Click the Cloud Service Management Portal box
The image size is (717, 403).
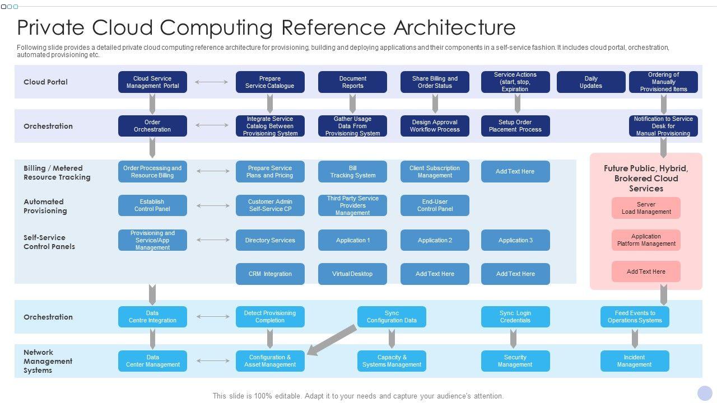click(x=152, y=82)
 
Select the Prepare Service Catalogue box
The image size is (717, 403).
click(x=270, y=82)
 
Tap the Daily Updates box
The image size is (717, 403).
click(x=591, y=82)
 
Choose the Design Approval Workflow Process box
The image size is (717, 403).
click(x=435, y=126)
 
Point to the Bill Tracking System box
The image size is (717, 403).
click(x=352, y=172)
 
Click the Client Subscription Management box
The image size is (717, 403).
click(x=435, y=172)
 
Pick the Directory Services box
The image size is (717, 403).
click(x=270, y=240)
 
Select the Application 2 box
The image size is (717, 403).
click(x=435, y=240)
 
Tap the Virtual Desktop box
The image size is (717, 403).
click(x=352, y=274)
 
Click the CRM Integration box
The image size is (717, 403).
click(x=270, y=274)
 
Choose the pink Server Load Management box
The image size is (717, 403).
click(x=646, y=208)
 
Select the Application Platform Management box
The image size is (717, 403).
click(x=646, y=240)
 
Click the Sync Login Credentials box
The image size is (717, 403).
click(x=515, y=317)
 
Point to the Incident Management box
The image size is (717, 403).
click(x=635, y=361)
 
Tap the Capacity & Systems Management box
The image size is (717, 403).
click(x=392, y=361)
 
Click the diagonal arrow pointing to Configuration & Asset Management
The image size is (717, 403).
click(x=333, y=340)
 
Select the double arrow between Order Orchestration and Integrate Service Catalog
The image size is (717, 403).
click(x=212, y=126)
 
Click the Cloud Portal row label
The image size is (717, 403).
click(x=45, y=82)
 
